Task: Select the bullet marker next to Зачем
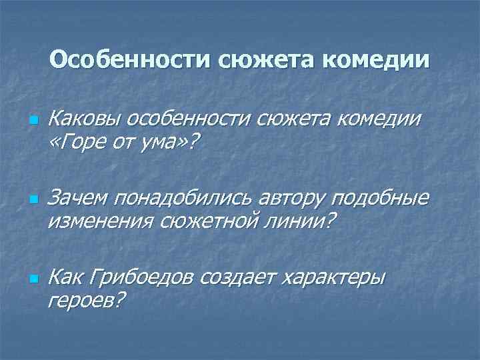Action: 31,200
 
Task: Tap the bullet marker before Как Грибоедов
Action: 31,278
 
